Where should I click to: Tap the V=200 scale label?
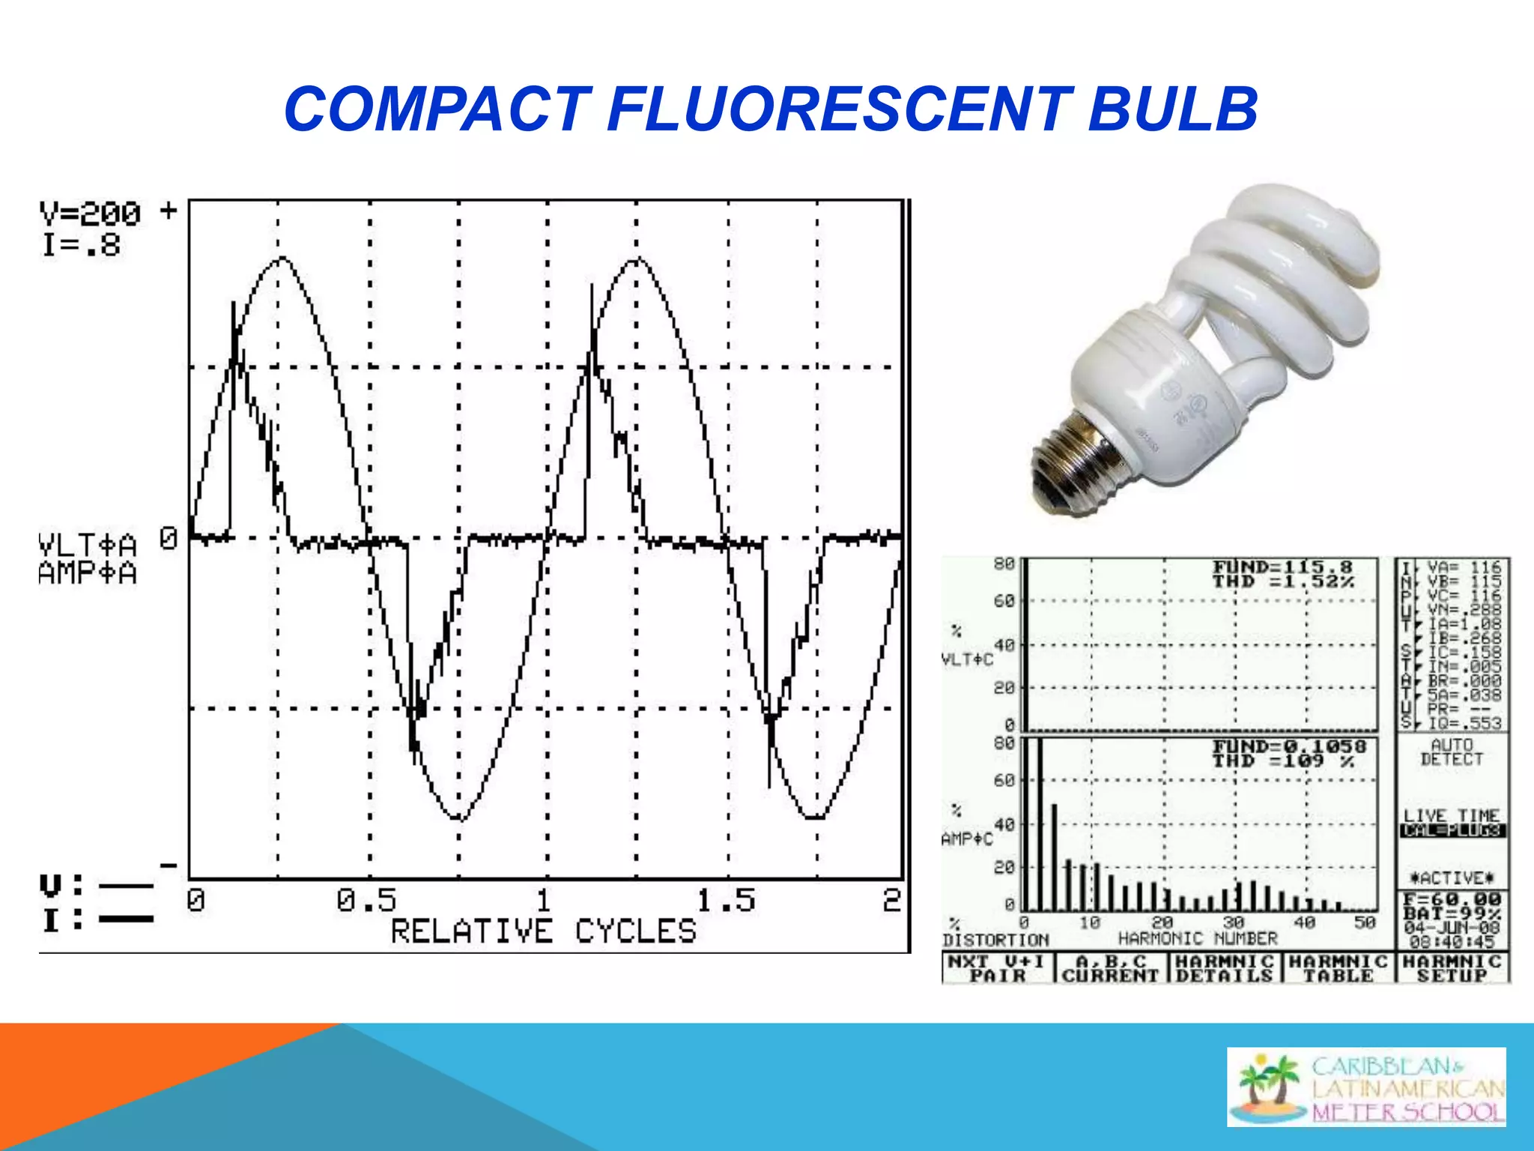coord(90,214)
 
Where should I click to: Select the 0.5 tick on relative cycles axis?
coord(366,900)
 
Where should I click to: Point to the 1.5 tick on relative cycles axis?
coord(726,900)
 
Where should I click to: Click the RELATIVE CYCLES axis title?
coord(544,931)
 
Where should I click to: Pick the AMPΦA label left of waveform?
coord(88,573)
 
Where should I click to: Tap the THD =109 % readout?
coord(1284,761)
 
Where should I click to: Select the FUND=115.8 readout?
coord(1282,567)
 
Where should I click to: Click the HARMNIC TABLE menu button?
coord(1339,968)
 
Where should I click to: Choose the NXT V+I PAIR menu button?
coord(997,968)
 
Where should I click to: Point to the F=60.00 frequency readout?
coord(1452,899)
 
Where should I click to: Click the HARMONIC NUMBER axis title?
coord(1197,938)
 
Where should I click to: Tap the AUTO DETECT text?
coord(1452,752)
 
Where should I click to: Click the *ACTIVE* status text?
coord(1452,877)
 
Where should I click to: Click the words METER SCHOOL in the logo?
coord(1408,1112)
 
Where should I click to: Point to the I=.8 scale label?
coord(81,245)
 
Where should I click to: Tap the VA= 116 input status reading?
coord(1464,567)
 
